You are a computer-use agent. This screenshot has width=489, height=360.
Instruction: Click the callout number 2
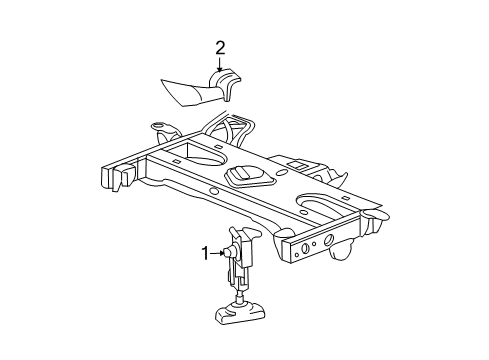tap(219, 47)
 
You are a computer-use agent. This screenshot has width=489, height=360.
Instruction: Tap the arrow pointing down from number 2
tap(219, 65)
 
